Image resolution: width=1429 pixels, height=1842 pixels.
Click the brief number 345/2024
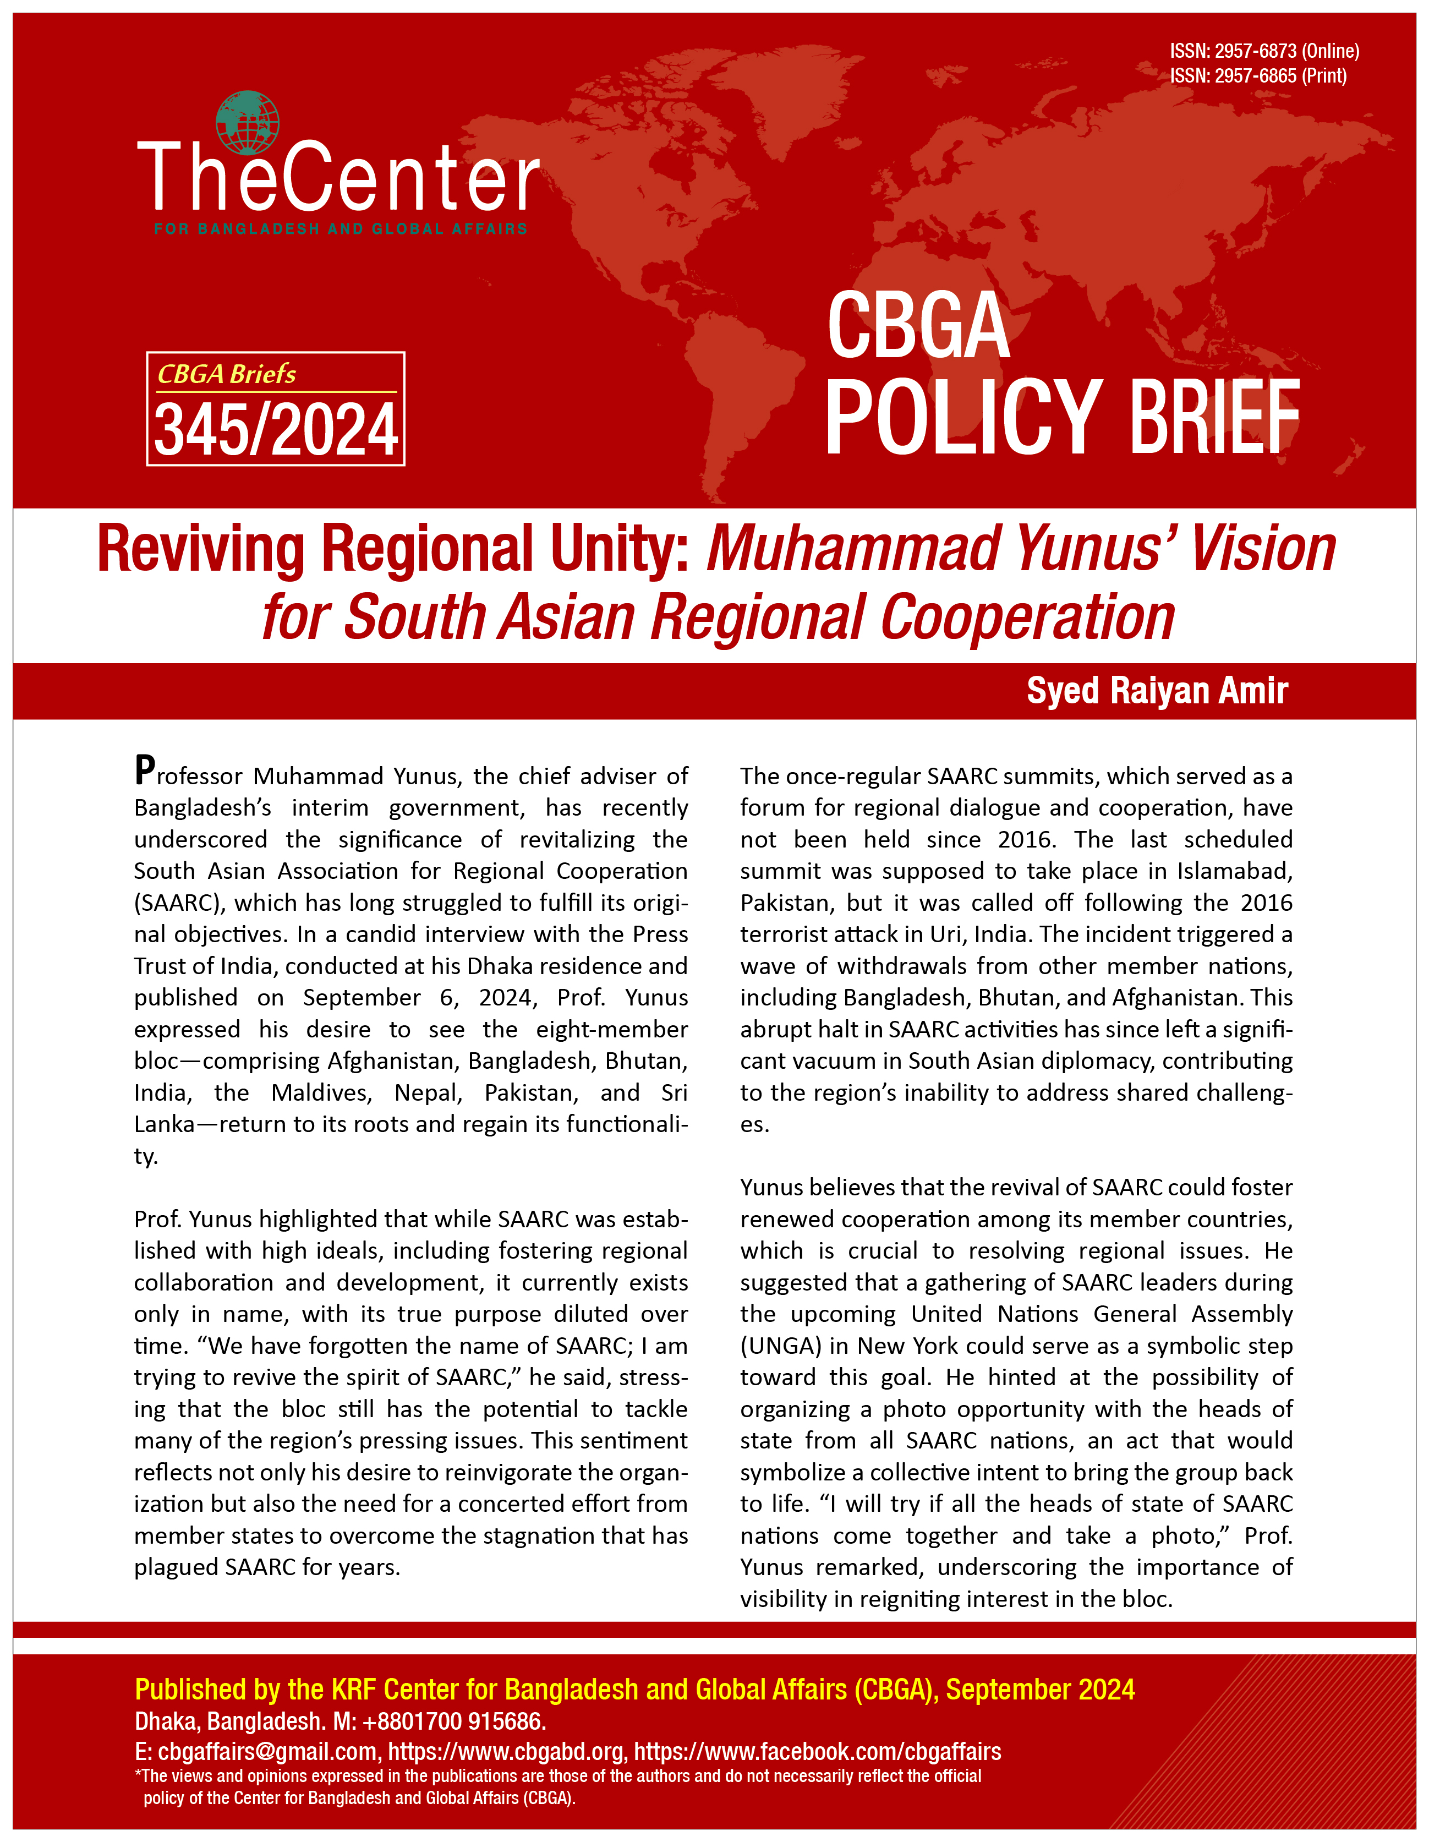coord(276,430)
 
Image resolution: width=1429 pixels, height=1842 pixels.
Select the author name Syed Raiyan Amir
coord(1157,691)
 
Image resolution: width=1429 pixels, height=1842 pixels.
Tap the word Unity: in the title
coord(621,549)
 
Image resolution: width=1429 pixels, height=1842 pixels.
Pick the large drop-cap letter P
coord(145,770)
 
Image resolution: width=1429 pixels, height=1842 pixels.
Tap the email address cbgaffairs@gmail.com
coord(266,1752)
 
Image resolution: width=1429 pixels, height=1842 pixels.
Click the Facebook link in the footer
coord(817,1752)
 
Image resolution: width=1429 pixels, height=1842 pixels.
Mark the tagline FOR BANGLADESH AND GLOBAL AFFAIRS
coord(341,228)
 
